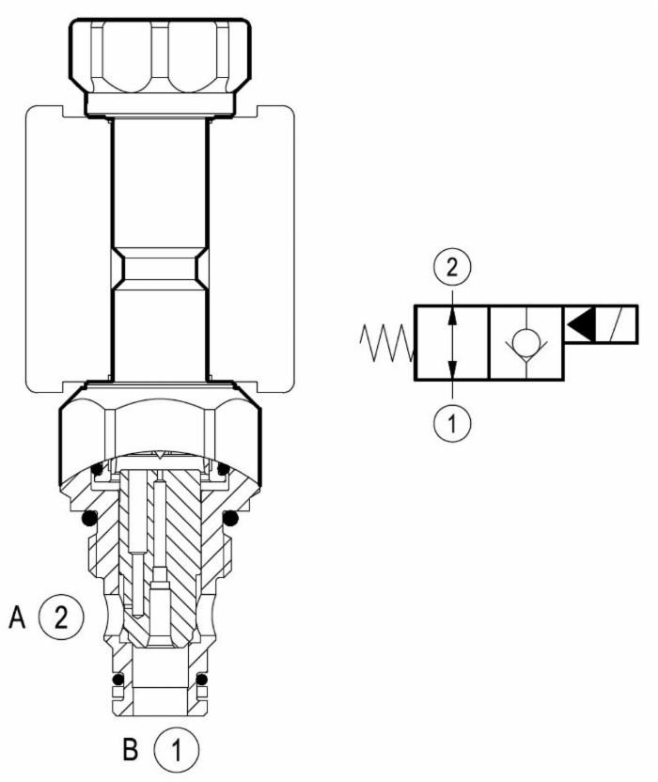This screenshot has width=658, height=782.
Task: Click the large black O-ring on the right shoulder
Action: [230, 518]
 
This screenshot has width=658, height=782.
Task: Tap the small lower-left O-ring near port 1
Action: [117, 680]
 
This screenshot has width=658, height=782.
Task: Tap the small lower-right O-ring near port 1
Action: [200, 680]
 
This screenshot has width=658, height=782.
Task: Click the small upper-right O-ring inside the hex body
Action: [223, 469]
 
